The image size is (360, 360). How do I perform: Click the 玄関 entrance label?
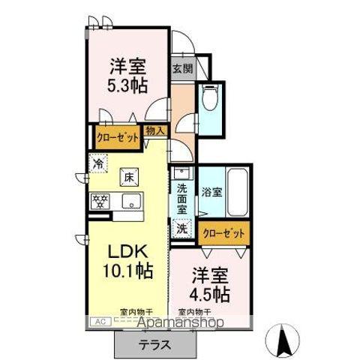181,69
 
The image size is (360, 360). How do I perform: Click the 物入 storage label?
155,130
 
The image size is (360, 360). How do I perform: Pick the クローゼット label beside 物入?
118,138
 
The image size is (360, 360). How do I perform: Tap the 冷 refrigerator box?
99,161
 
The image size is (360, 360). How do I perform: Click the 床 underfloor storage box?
129,178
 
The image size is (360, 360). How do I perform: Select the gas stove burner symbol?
100,200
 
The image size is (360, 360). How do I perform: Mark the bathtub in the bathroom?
237,192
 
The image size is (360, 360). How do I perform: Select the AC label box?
97,321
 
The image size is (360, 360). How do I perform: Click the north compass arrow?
286,338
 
